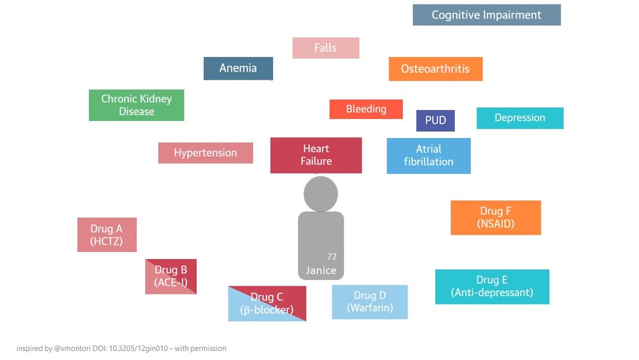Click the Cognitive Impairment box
tap(486, 15)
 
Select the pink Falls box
tap(326, 48)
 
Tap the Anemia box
tap(238, 68)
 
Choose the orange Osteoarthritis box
tap(436, 69)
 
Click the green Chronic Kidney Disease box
tap(137, 105)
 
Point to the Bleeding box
tap(366, 109)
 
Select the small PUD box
tap(435, 120)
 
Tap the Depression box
tap(520, 118)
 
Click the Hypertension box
tap(205, 153)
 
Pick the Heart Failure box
tap(316, 155)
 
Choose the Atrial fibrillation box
tap(429, 156)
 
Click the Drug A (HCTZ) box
tap(107, 235)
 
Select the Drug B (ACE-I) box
tap(171, 276)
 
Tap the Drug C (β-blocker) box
tap(267, 303)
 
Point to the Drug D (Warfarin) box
tap(369, 302)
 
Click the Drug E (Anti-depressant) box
tap(492, 286)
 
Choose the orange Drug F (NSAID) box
tap(496, 217)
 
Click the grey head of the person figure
tap(321, 194)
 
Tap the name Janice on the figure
tap(321, 270)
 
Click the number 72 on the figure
tap(332, 256)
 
